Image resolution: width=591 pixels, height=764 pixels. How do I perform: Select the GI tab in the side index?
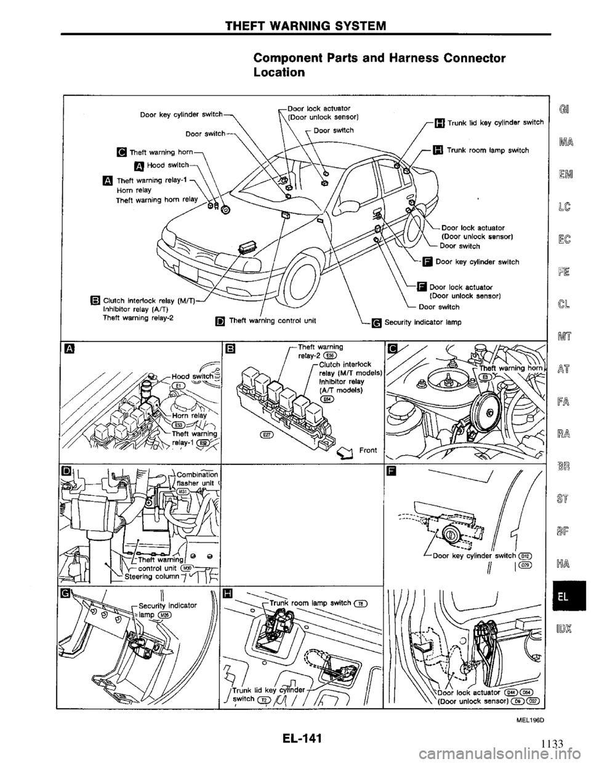(563, 113)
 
